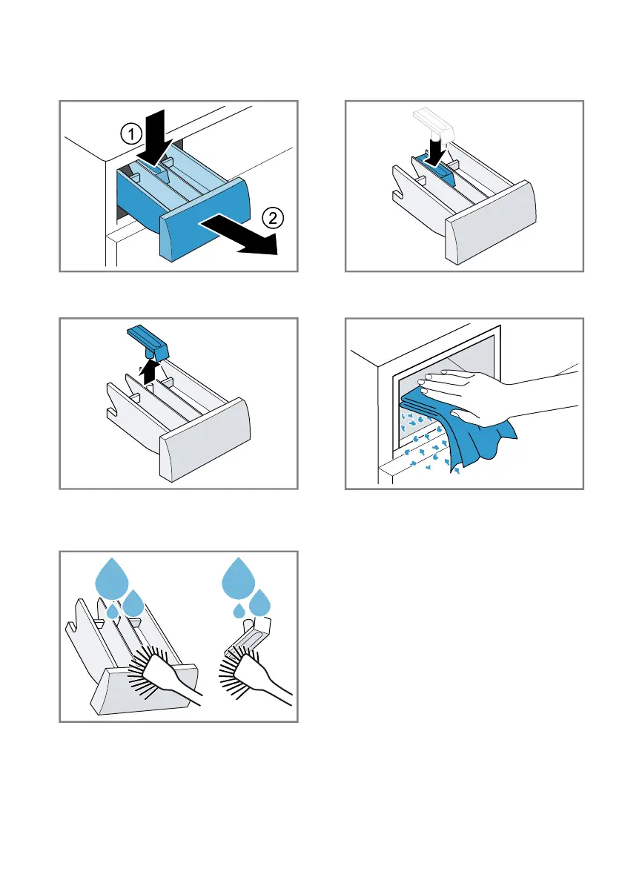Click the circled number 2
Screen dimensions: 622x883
[x=273, y=218]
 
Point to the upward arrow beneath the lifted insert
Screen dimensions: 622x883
[x=150, y=368]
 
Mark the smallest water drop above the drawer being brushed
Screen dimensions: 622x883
[x=113, y=612]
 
